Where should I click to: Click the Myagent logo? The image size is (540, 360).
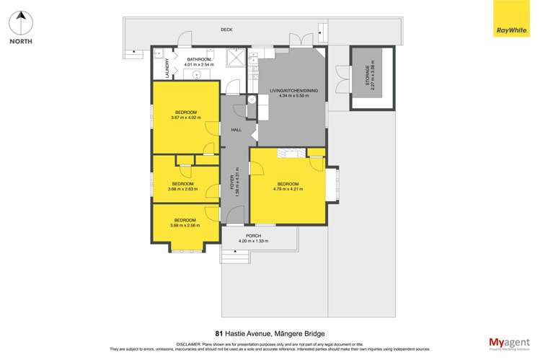pos(508,343)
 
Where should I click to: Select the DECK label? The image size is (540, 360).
pos(226,30)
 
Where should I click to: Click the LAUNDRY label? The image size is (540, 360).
pos(167,69)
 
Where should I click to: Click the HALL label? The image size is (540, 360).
pos(236,130)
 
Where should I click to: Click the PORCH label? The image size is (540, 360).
pos(253,235)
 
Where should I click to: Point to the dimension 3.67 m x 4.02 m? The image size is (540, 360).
pos(185,118)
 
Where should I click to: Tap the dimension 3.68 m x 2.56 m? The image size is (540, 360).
pos(185,226)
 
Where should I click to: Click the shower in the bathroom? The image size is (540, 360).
pos(235,58)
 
